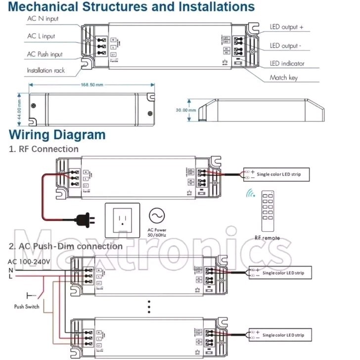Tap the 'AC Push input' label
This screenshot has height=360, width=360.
point(45,54)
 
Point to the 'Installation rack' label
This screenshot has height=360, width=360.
point(45,70)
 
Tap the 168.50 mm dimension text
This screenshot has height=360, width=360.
point(92,85)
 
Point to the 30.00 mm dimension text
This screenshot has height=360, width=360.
point(186,110)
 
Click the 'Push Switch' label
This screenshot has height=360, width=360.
point(27,307)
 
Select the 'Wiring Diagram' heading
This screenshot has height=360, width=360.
point(57,135)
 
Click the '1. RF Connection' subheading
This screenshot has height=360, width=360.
point(44,149)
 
